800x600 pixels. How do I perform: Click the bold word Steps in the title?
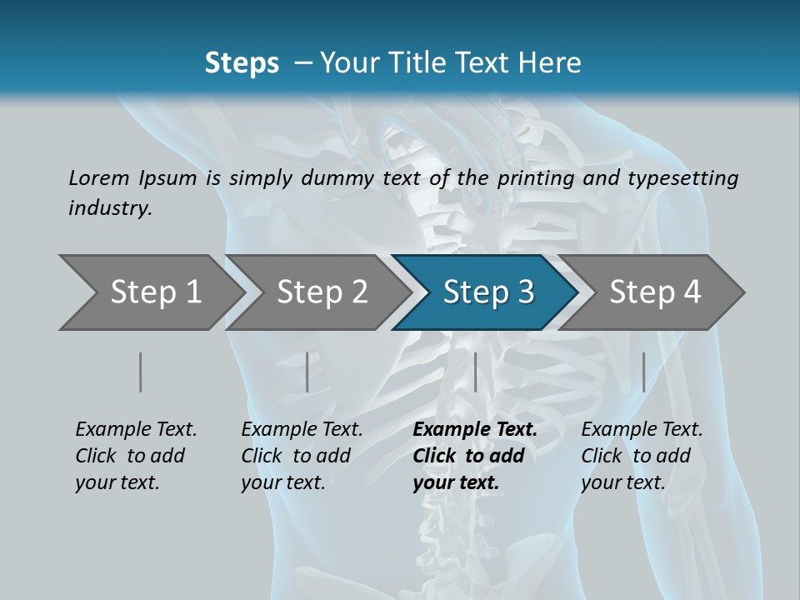(242, 63)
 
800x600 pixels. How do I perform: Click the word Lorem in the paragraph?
(99, 177)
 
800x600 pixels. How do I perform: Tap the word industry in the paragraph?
(110, 207)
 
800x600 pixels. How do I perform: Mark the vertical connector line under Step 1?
(141, 372)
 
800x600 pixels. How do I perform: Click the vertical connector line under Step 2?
(307, 372)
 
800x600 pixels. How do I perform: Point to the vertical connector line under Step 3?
(475, 372)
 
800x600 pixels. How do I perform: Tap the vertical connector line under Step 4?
(643, 372)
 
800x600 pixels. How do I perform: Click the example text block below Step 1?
(136, 456)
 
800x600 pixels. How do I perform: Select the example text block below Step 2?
(302, 456)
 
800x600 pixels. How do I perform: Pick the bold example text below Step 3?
(474, 456)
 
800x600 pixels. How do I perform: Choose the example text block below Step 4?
(642, 456)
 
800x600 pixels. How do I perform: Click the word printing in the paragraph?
(536, 177)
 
